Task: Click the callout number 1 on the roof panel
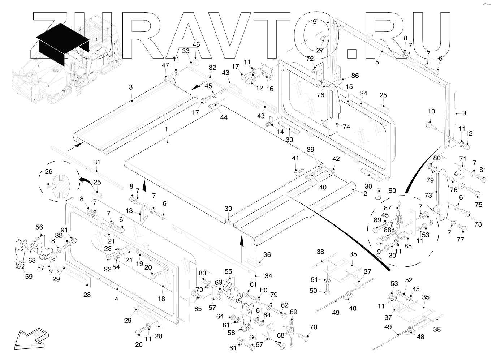pyautogui.click(x=166, y=129)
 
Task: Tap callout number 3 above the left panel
pyautogui.click(x=131, y=87)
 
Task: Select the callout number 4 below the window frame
pyautogui.click(x=116, y=300)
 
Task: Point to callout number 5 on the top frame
pyautogui.click(x=377, y=62)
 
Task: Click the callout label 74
pyautogui.click(x=346, y=127)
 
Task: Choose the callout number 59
pyautogui.click(x=29, y=277)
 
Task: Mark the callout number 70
pyautogui.click(x=314, y=327)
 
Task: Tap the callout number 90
pyautogui.click(x=392, y=190)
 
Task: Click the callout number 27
pyautogui.click(x=320, y=50)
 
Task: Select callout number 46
pyautogui.click(x=196, y=44)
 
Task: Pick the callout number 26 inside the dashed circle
pyautogui.click(x=48, y=171)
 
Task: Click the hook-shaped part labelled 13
pyautogui.click(x=144, y=211)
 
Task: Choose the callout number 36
pyautogui.click(x=267, y=255)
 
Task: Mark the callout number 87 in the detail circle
pyautogui.click(x=388, y=208)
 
